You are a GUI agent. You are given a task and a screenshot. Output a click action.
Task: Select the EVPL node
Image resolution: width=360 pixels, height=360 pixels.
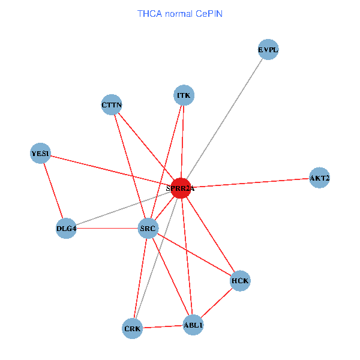click(x=268, y=50)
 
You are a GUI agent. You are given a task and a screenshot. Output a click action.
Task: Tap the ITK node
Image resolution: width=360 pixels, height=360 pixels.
click(x=184, y=95)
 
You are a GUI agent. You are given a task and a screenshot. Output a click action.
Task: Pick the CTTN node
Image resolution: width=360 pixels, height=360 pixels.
click(x=112, y=105)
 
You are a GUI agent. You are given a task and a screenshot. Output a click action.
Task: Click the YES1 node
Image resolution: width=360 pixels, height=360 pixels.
click(x=41, y=153)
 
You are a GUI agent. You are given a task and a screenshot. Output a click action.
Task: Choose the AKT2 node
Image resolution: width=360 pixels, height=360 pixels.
click(x=319, y=178)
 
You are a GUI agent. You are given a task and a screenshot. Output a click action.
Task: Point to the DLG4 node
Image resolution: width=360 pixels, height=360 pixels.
click(x=66, y=229)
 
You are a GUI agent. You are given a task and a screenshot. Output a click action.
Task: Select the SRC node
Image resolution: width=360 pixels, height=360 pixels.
click(x=148, y=229)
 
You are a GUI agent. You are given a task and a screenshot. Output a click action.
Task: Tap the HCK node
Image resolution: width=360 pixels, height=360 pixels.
click(x=240, y=281)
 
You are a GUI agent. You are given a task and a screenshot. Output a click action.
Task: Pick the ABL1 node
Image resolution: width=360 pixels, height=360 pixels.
click(x=193, y=325)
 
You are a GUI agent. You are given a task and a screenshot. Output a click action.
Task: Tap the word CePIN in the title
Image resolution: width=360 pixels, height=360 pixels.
click(x=209, y=13)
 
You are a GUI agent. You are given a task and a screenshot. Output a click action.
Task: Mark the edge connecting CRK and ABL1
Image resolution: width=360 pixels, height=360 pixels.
click(x=163, y=327)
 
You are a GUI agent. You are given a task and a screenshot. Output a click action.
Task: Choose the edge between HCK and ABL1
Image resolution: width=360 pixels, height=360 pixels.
click(x=217, y=303)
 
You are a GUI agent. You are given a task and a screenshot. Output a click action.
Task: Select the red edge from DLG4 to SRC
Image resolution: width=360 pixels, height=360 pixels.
click(x=107, y=229)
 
